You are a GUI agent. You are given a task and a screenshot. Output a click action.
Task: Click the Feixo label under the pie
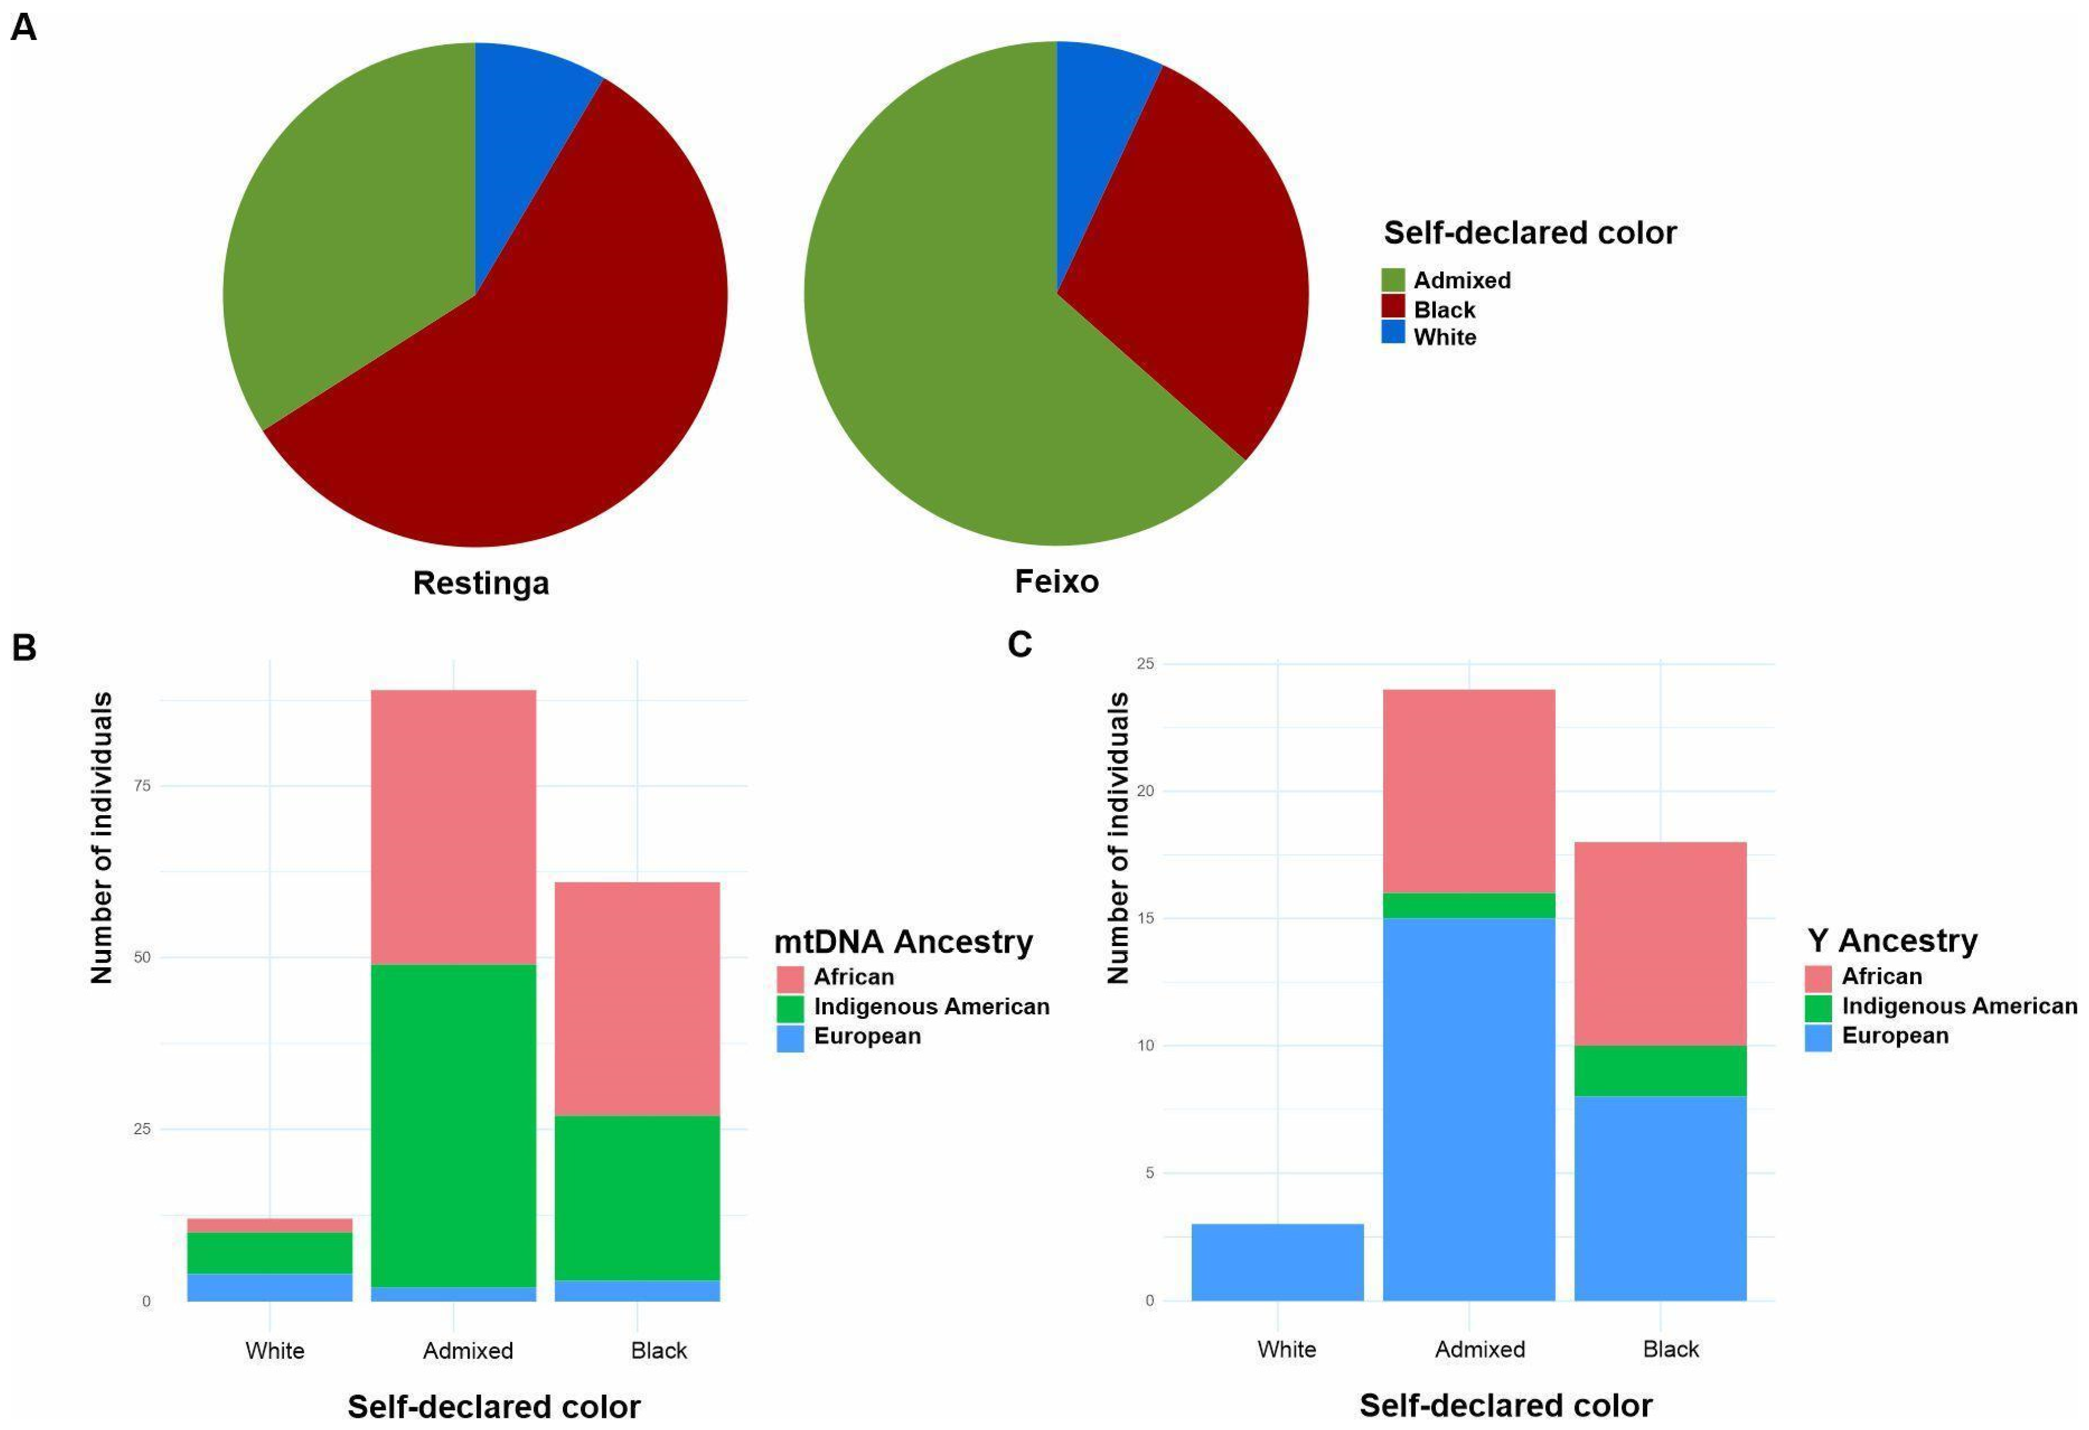point(1056,582)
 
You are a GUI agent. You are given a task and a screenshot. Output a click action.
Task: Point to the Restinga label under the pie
point(481,583)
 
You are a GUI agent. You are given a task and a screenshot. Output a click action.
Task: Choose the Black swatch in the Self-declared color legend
point(1392,309)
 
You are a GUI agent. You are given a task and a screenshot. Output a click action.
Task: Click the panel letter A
point(23,27)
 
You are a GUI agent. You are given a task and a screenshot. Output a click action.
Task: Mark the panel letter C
point(1020,644)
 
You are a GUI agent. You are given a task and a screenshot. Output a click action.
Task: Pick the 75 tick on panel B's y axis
point(142,786)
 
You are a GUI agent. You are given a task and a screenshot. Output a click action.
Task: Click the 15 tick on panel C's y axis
point(1149,918)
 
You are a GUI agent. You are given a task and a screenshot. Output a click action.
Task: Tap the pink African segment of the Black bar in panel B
point(637,998)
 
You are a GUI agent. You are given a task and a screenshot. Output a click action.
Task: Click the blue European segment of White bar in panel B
point(270,1287)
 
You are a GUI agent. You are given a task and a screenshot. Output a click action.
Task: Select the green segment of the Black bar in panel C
point(1659,1070)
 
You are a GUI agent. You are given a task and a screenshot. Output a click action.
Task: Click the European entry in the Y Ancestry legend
point(1894,1035)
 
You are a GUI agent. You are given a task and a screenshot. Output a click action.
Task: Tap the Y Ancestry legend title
point(1891,940)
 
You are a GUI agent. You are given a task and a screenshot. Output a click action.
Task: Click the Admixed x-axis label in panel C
point(1480,1349)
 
